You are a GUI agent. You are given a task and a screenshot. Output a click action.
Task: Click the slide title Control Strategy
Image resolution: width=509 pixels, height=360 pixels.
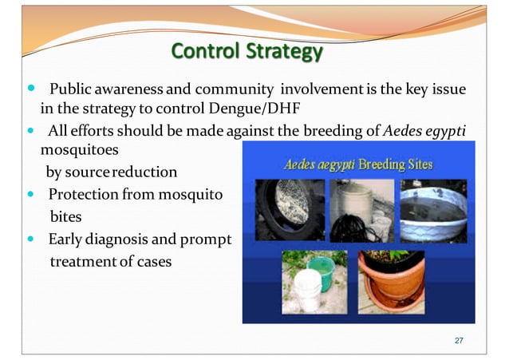click(247, 52)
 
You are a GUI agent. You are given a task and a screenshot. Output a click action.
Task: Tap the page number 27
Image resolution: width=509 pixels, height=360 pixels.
click(458, 342)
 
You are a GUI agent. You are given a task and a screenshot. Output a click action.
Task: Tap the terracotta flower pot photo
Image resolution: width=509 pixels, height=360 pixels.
click(392, 283)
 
